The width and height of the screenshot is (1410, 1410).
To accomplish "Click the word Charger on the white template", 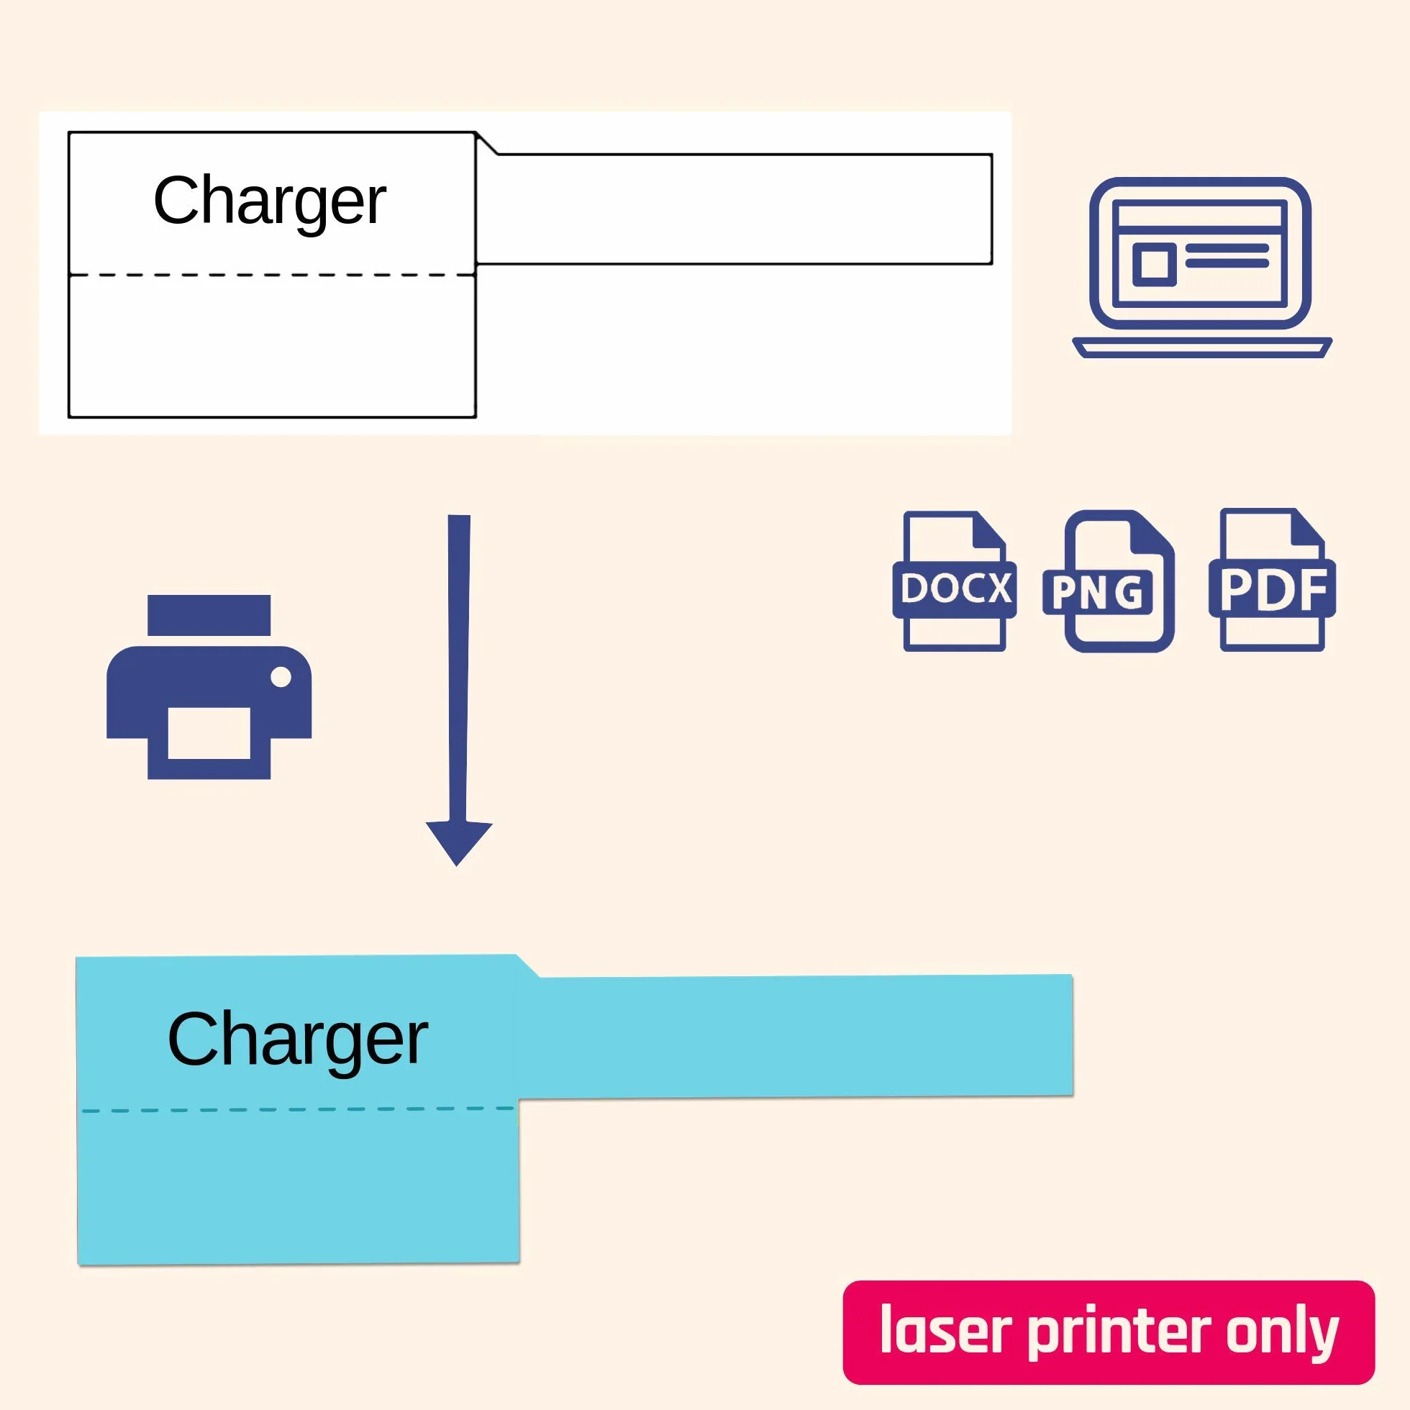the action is tap(269, 202).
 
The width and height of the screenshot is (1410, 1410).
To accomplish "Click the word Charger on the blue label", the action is tap(297, 1041).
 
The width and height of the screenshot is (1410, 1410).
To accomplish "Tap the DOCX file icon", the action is tap(955, 581).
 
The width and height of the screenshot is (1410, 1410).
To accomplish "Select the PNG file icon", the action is tap(1109, 581).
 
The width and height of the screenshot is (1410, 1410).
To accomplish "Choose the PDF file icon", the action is tap(1272, 581).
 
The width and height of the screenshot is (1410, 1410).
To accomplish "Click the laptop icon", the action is tap(1202, 268).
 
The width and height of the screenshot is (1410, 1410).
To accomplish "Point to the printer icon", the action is tap(209, 687).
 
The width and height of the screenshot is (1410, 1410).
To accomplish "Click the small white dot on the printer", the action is tap(281, 677).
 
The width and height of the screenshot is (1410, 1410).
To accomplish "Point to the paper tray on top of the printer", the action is tap(209, 615).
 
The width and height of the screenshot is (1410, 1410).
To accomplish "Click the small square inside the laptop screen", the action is tap(1154, 264).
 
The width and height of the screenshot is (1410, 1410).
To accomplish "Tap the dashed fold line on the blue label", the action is tap(298, 1110).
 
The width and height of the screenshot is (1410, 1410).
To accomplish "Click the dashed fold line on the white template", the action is tap(272, 275).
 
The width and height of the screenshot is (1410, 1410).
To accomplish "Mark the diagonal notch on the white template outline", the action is tap(488, 144).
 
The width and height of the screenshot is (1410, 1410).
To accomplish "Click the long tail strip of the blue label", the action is tap(796, 1037).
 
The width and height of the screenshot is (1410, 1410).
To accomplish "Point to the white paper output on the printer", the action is tap(209, 733).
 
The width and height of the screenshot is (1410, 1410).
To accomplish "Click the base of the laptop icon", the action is tap(1202, 348).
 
